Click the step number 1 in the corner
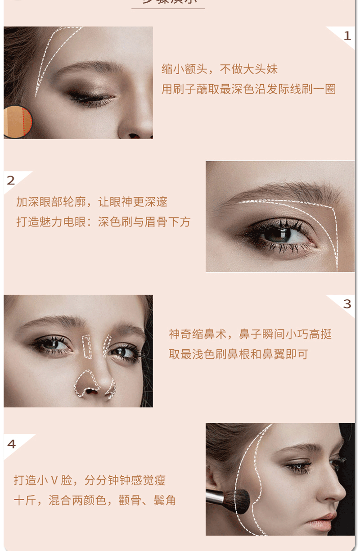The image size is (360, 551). (x=347, y=36)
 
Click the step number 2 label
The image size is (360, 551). (x=11, y=181)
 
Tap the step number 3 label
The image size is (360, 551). (x=347, y=304)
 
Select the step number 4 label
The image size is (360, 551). (x=11, y=444)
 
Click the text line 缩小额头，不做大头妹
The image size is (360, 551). (x=220, y=69)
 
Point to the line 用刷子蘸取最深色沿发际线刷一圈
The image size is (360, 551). (x=248, y=89)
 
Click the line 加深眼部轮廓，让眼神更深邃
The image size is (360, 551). (x=92, y=202)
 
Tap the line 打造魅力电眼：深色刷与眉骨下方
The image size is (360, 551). (x=103, y=222)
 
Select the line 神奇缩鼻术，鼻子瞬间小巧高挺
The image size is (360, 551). (x=250, y=334)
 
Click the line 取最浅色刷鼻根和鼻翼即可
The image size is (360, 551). (x=238, y=354)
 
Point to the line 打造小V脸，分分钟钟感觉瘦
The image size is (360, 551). (x=90, y=480)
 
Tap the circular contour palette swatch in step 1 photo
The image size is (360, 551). (x=17, y=122)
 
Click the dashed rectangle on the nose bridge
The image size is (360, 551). (x=87, y=347)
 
